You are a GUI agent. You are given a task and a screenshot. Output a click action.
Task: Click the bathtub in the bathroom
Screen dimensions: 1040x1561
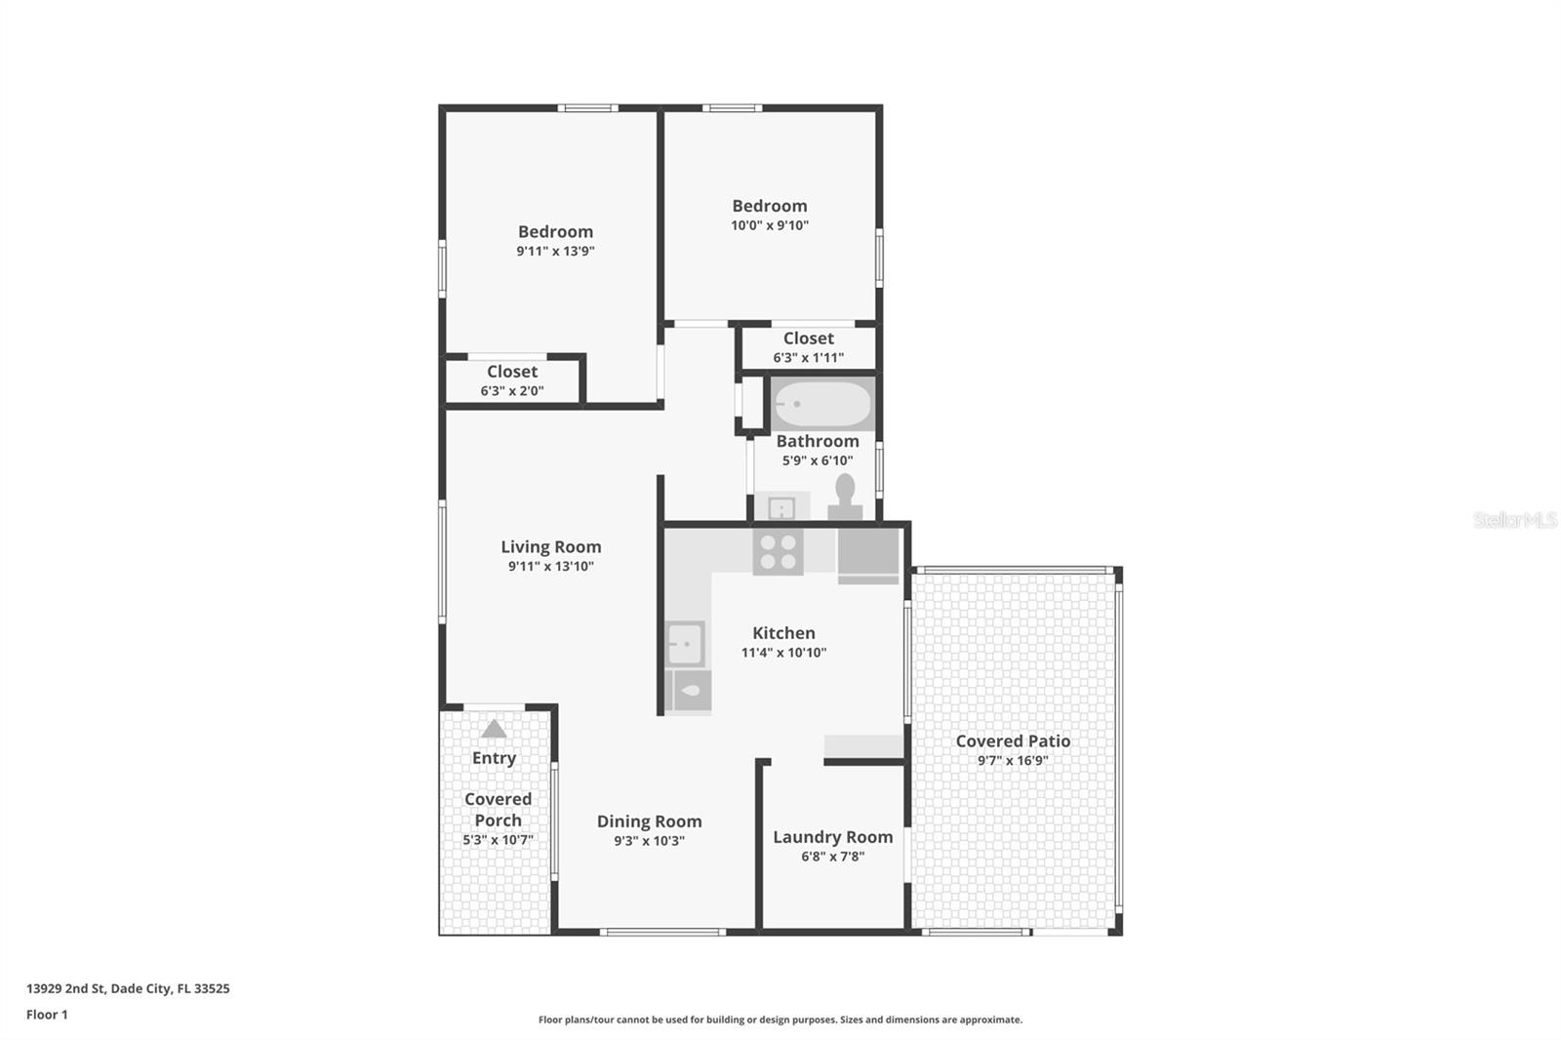point(822,404)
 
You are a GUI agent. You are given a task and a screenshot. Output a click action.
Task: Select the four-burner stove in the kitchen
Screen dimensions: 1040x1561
point(778,552)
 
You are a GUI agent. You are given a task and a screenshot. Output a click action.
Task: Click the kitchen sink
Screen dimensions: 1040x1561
point(685,644)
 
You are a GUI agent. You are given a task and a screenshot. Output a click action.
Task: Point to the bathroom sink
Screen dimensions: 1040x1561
point(780,507)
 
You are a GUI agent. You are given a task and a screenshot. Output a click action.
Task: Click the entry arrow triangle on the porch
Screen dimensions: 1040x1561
point(494,729)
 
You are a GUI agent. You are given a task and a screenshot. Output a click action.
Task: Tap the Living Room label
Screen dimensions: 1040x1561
point(551,547)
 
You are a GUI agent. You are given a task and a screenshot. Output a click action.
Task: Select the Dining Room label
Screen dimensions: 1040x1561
point(649,821)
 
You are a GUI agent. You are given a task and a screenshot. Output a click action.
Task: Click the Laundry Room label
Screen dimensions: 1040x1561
point(832,837)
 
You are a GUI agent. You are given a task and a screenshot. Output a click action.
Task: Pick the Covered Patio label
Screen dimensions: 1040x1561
point(1013,741)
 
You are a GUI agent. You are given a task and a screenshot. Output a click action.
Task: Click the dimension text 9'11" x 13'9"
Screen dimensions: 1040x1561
point(555,251)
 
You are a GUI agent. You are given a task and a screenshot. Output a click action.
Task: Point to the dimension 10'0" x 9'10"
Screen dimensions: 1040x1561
point(770,225)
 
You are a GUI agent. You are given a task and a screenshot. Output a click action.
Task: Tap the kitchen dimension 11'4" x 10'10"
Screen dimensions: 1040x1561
point(783,653)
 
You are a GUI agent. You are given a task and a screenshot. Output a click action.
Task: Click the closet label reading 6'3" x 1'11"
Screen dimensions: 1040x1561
point(808,358)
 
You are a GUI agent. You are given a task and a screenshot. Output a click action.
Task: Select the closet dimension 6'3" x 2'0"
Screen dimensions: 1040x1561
point(512,391)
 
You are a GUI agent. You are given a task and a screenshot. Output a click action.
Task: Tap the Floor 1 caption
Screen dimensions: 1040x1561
point(47,1015)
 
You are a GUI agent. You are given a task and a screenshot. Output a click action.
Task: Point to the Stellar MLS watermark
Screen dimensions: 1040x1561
point(1514,520)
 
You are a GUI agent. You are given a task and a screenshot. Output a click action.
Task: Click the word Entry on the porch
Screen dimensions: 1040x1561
point(494,758)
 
